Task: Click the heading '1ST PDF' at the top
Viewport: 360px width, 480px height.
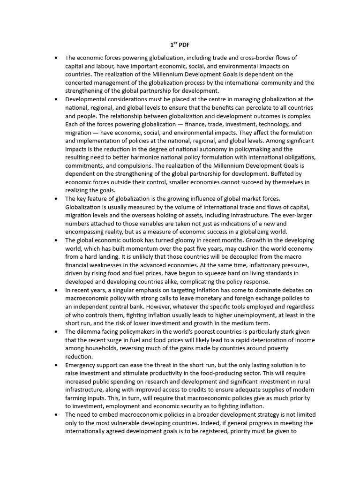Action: [180, 45]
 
